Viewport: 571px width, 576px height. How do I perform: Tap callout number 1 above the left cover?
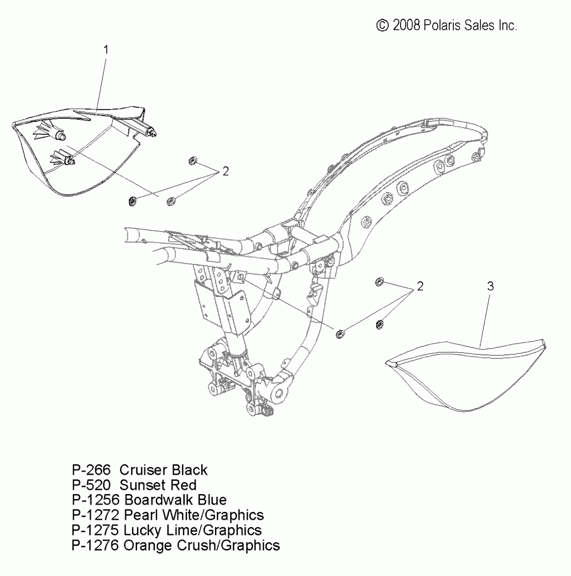(106, 50)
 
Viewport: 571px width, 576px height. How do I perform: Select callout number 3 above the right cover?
(490, 286)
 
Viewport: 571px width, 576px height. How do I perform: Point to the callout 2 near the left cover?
(225, 171)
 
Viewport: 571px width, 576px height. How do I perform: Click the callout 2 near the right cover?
(420, 286)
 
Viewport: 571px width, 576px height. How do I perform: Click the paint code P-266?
(91, 470)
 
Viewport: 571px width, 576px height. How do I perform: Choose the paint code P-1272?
(95, 515)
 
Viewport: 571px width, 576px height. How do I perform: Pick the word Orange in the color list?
(148, 545)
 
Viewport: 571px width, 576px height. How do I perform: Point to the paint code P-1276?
(95, 545)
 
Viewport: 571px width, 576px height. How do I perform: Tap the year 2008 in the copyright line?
(406, 26)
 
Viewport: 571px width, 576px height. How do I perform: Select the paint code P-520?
(91, 485)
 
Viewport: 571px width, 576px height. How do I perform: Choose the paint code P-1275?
(95, 530)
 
